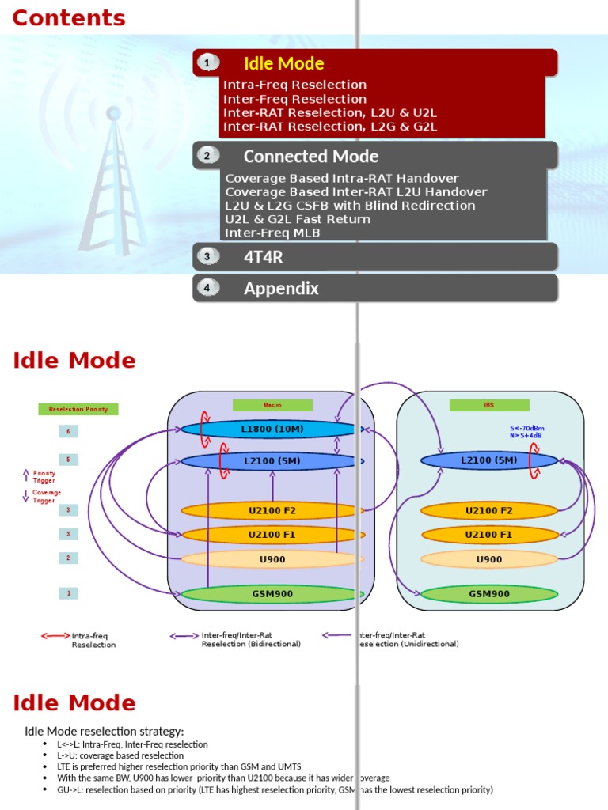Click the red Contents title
point(69,18)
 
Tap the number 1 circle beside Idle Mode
point(207,63)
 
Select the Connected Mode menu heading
point(310,156)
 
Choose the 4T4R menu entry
point(263,256)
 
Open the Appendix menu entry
point(281,288)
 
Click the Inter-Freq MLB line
point(273,233)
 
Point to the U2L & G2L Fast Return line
point(298,219)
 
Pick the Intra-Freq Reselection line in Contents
point(294,85)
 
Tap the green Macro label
point(272,405)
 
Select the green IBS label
point(488,405)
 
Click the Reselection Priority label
point(78,409)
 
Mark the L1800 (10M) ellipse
point(269,430)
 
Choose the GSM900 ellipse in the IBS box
point(488,594)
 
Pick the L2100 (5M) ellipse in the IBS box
point(488,460)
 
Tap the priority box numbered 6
point(68,431)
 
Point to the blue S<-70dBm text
point(526,428)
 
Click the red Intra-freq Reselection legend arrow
point(55,635)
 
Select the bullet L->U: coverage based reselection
point(120,755)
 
